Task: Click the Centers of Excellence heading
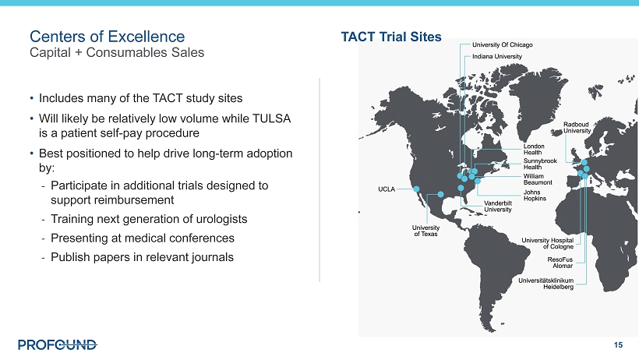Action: coord(108,37)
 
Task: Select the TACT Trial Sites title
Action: coord(391,37)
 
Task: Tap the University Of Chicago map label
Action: coord(503,45)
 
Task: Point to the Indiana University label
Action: coord(497,57)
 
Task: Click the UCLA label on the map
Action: coord(387,189)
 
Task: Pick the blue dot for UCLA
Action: coord(416,189)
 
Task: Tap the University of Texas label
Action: coord(425,231)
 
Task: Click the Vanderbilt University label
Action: coord(498,206)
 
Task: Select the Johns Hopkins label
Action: coord(535,196)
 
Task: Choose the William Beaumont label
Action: coord(538,179)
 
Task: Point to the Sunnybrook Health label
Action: coord(540,164)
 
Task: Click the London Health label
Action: coord(534,149)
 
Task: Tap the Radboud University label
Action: coord(577,128)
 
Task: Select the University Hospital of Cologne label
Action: coord(548,243)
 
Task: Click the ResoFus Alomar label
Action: coord(560,263)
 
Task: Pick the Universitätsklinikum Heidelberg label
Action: coord(546,284)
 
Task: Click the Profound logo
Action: coord(58,345)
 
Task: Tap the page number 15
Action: coord(618,345)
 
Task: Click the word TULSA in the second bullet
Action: coord(271,118)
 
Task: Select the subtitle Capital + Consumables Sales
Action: coord(117,52)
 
